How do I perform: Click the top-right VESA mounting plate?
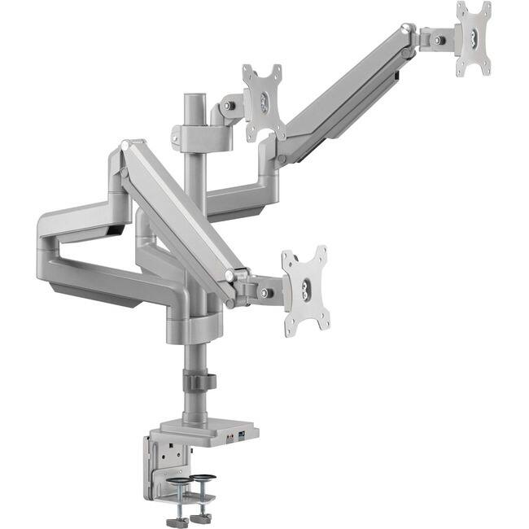473,37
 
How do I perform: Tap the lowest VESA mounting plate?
305,291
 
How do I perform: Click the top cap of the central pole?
195,98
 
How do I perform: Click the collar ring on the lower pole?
196,382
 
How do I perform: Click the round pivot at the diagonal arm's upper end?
125,146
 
